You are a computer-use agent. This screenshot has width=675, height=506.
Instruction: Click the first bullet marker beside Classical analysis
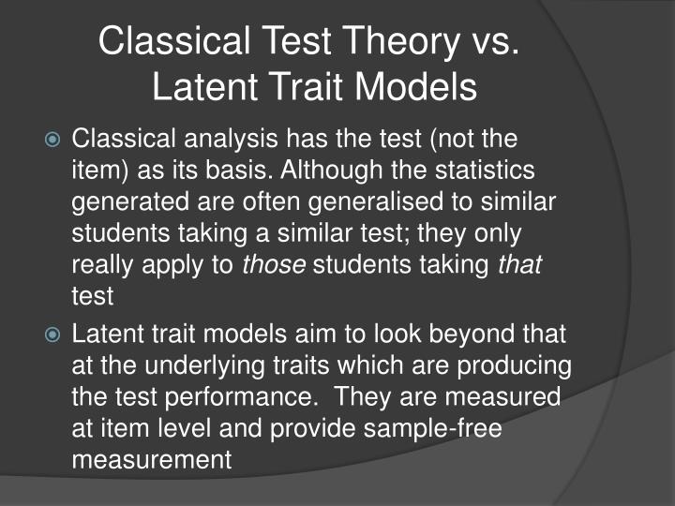[x=53, y=141]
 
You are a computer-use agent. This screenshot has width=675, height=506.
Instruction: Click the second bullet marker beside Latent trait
[x=53, y=333]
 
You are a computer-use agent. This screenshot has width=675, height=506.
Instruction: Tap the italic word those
[x=275, y=265]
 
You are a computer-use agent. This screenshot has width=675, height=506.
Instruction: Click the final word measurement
[x=151, y=459]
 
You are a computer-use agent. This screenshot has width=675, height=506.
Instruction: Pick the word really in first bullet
[x=102, y=265]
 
